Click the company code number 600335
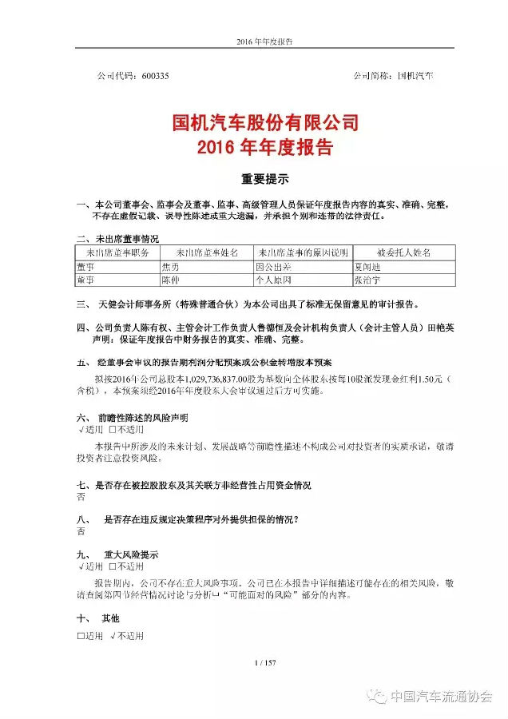click(x=154, y=76)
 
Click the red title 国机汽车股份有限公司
click(x=253, y=124)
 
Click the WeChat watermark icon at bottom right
click(x=376, y=696)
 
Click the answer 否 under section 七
click(x=80, y=496)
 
